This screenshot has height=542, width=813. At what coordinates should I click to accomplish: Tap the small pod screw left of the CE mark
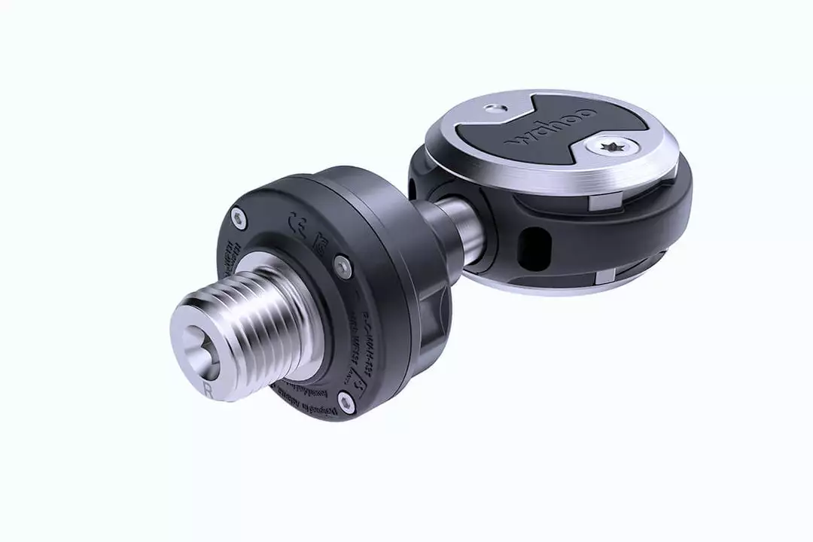[239, 218]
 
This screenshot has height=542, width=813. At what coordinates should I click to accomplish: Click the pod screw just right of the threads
[343, 264]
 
